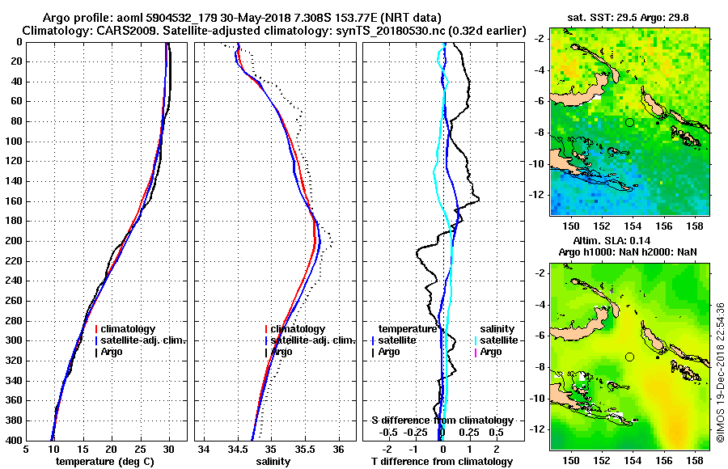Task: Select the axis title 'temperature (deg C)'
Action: [105, 462]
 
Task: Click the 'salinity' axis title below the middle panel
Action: [275, 462]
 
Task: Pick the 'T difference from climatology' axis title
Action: [442, 462]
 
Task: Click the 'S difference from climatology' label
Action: [442, 420]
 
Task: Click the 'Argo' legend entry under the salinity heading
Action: [491, 352]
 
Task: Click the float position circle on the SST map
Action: [629, 122]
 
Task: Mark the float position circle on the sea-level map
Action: [629, 357]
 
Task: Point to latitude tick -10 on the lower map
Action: [540, 398]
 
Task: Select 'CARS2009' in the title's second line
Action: [112, 31]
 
